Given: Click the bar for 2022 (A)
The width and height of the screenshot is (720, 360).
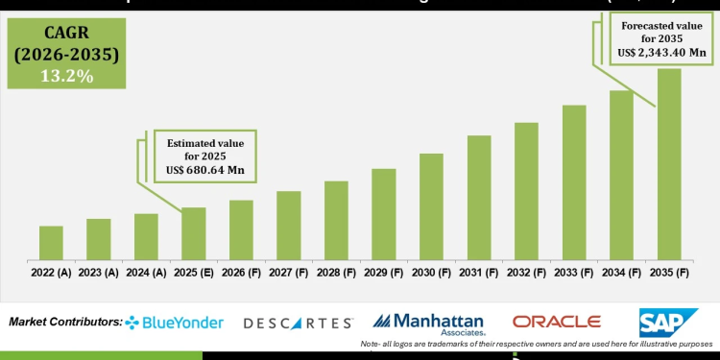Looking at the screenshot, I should click(x=51, y=242).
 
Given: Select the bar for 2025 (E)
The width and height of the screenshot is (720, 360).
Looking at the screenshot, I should click(x=194, y=233).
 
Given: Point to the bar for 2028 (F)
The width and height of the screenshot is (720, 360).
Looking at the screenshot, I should click(x=336, y=220).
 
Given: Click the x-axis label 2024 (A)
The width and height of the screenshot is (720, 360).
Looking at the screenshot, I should click(x=147, y=273).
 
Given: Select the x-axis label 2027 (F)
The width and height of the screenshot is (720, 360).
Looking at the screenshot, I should click(x=289, y=273).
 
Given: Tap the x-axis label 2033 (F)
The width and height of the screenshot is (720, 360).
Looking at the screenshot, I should click(x=574, y=273).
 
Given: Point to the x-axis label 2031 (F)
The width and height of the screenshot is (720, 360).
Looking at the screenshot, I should click(x=479, y=273).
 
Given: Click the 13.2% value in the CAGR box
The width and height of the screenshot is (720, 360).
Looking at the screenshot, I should click(x=66, y=76).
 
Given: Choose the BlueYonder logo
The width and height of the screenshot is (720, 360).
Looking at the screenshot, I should click(x=175, y=323).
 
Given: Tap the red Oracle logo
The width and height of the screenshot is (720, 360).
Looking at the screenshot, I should click(x=556, y=322).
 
